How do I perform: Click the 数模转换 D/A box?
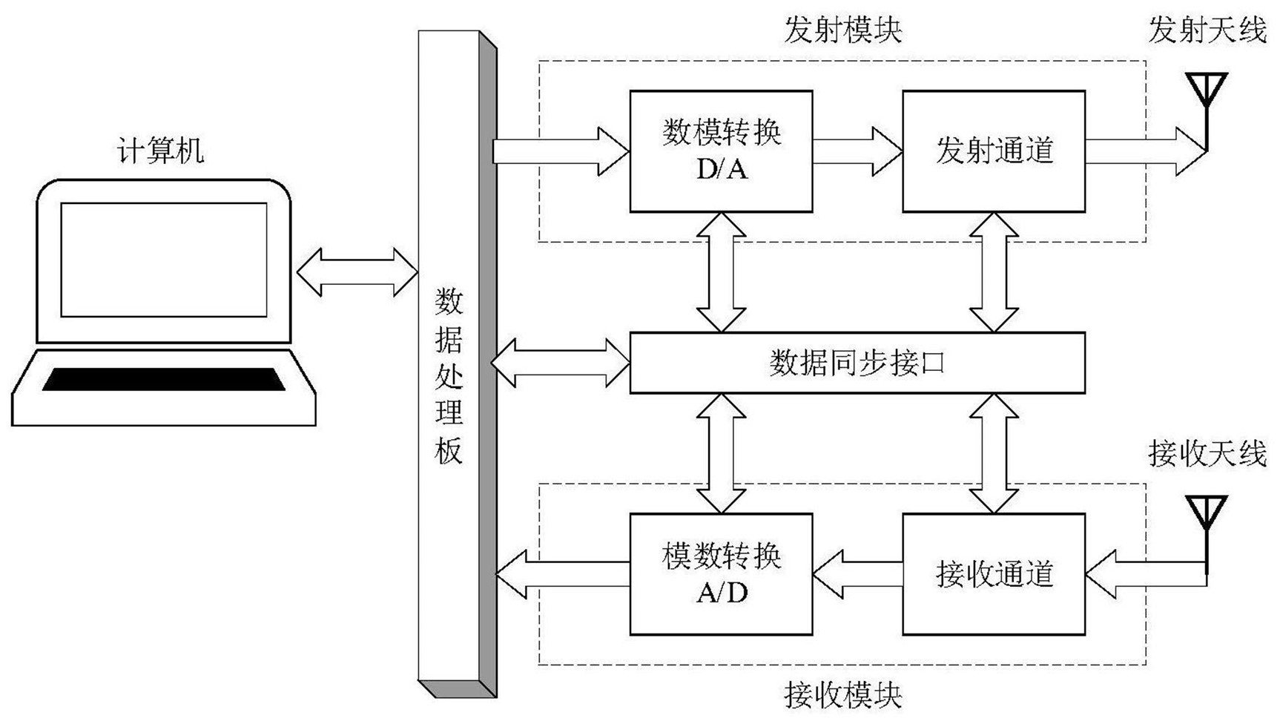point(721,151)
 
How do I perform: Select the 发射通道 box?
point(994,151)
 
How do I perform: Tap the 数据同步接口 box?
point(857,363)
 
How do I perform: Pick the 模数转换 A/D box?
point(721,574)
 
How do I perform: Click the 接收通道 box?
point(994,574)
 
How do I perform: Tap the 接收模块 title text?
point(842,696)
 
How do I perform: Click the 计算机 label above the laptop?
point(160,151)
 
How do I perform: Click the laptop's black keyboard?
point(164,379)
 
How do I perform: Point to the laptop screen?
point(164,260)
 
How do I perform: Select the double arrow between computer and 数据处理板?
point(357,272)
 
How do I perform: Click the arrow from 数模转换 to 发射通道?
point(857,151)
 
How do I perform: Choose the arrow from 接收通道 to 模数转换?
point(857,574)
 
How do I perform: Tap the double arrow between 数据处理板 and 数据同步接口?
point(561,363)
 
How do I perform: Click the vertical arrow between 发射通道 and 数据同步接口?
point(994,272)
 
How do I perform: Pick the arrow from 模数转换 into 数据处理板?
point(562,574)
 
